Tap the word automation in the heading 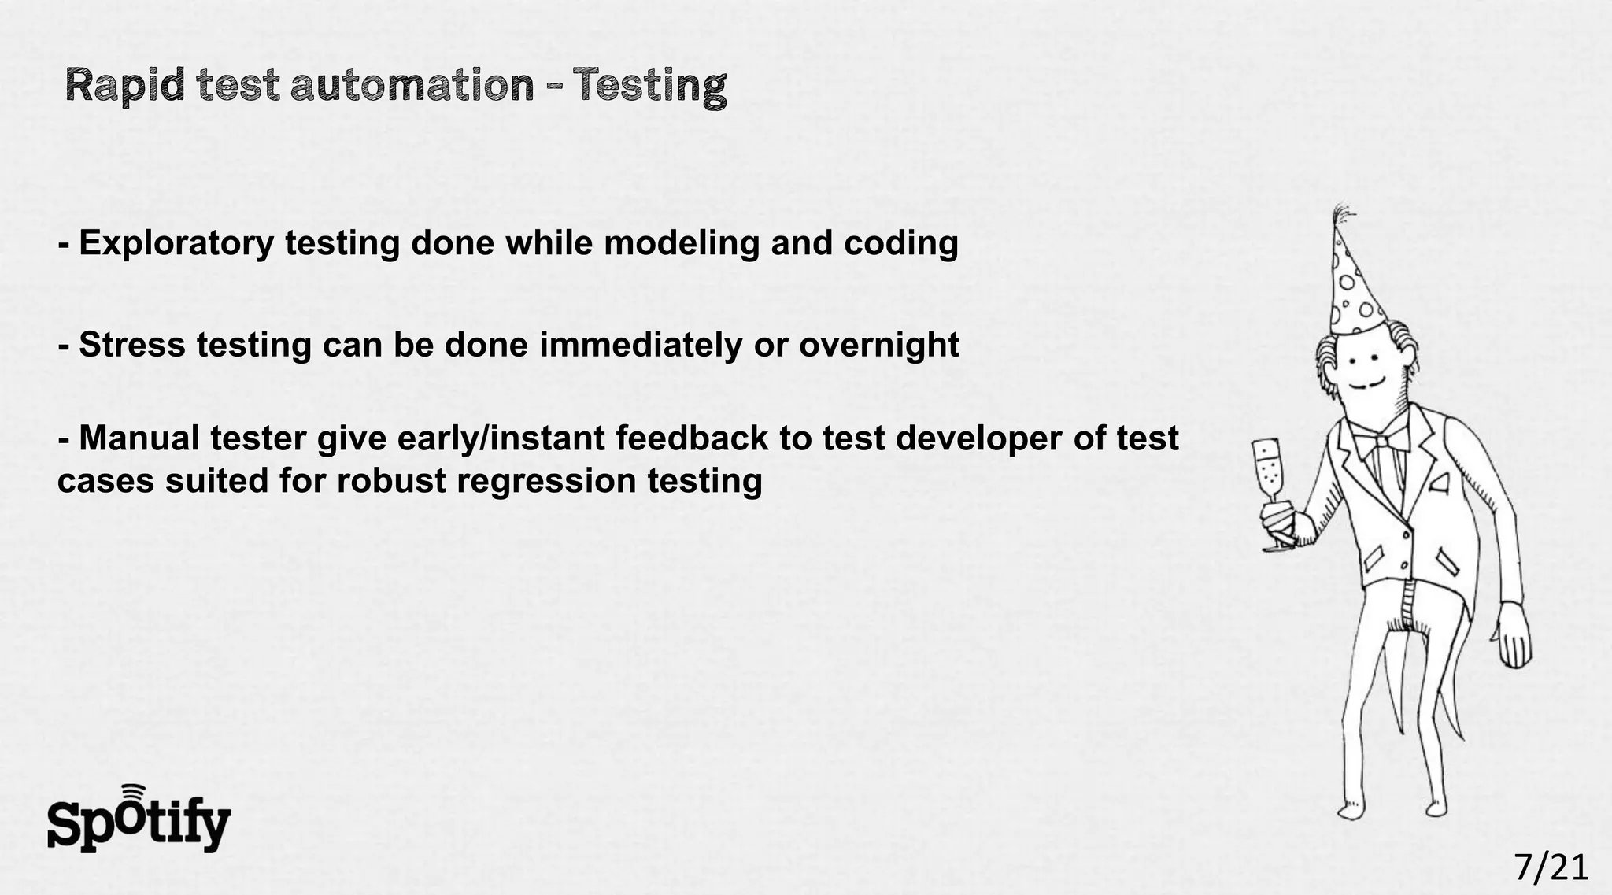tap(412, 86)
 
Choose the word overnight tap(879, 345)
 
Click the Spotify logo tap(139, 820)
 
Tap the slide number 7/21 tap(1551, 867)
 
